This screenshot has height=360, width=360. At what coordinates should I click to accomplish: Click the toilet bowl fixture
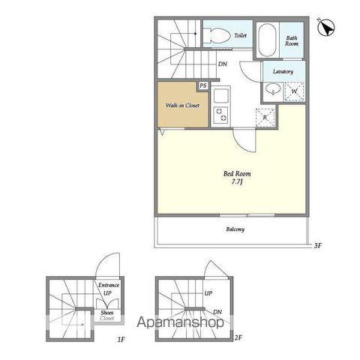click(217, 36)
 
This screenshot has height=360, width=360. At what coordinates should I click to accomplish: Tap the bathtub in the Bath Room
click(267, 40)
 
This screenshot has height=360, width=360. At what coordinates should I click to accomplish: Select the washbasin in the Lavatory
click(273, 90)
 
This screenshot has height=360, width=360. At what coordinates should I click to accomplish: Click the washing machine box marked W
click(294, 91)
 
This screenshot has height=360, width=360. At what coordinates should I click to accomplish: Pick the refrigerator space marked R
click(265, 118)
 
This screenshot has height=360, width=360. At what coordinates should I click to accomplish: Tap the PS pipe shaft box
click(203, 85)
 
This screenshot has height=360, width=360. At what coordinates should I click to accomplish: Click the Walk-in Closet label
click(182, 105)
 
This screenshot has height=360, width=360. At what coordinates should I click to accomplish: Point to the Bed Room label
click(237, 173)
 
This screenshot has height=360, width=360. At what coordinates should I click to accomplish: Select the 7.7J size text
click(237, 182)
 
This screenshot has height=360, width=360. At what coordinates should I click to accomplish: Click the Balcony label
click(235, 229)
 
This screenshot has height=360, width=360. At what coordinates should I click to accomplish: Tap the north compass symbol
click(326, 27)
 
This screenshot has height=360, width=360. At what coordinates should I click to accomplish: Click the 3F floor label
click(318, 246)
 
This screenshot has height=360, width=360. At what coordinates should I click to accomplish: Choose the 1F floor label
click(121, 340)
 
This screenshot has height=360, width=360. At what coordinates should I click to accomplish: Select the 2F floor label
click(238, 338)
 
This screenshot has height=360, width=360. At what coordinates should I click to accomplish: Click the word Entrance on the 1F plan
click(109, 285)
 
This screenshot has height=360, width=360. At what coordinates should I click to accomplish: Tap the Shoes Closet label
click(107, 316)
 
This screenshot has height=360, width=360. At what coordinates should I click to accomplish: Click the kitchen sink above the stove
click(220, 94)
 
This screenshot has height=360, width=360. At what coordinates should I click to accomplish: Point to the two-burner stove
click(221, 115)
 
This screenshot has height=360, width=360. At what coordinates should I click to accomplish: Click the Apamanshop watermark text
click(180, 322)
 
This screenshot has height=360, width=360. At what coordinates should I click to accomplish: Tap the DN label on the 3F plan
click(223, 64)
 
